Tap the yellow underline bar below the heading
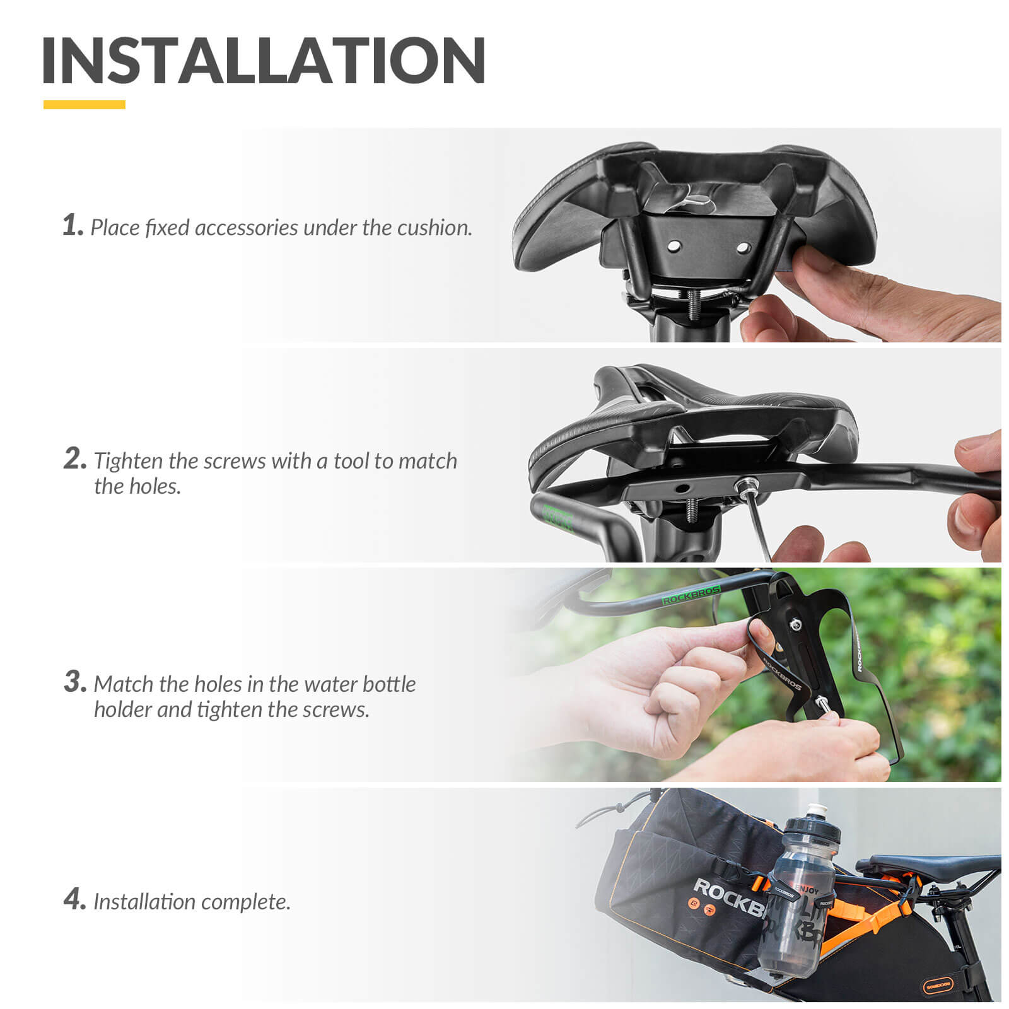pyautogui.click(x=84, y=105)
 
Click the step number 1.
pyautogui.click(x=72, y=225)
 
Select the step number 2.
pyautogui.click(x=74, y=459)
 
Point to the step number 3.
pyautogui.click(x=74, y=682)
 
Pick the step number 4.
pyautogui.click(x=74, y=899)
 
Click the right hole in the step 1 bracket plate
pyautogui.click(x=744, y=248)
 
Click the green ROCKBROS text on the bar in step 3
pyautogui.click(x=691, y=595)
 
